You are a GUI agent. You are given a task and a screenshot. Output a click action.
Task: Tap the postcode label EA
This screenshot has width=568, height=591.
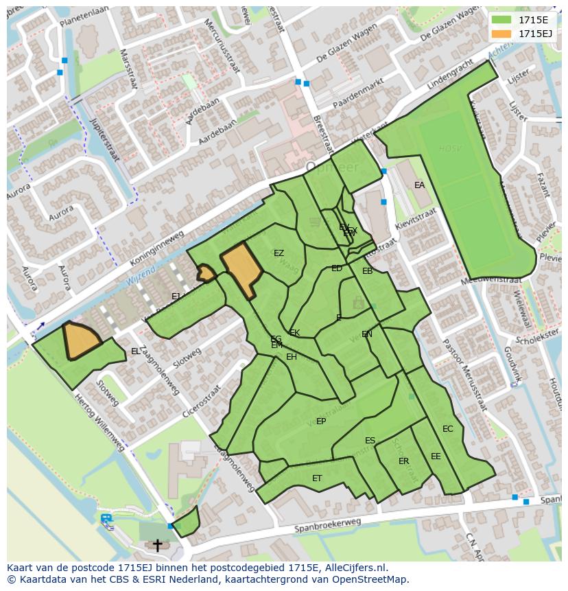coord(419,185)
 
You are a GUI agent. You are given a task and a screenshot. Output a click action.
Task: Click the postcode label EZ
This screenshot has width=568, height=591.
coord(279,253)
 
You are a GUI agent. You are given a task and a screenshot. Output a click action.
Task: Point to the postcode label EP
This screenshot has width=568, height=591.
coord(320,421)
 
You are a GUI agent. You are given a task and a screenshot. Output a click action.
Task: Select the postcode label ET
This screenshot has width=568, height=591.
coord(317,478)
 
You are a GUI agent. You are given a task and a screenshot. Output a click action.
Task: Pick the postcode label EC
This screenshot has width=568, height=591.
coord(447,429)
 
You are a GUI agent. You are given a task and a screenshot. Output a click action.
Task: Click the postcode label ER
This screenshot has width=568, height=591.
coord(403,461)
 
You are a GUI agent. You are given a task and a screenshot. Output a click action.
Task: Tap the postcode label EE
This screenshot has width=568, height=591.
coord(436,456)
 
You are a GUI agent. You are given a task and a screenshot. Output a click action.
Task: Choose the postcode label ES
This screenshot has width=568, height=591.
coord(370,441)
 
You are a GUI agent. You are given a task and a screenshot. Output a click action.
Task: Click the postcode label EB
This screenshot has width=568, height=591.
coord(367,271)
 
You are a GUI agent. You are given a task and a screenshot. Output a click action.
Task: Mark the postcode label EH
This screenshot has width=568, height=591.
coord(292,357)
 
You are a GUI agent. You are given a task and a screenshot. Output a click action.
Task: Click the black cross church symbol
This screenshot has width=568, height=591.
coord(157,545)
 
